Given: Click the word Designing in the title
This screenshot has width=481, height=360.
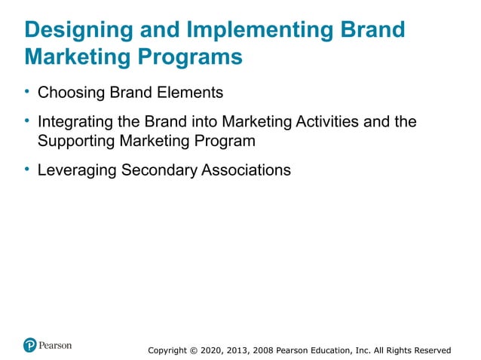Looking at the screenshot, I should [76, 30].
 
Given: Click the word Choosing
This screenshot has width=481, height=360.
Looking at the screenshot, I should [69, 93].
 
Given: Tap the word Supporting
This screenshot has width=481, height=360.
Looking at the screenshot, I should [73, 141].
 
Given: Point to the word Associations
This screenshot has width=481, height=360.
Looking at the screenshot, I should [246, 170].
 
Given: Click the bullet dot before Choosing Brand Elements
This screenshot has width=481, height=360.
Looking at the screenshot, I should [26, 93].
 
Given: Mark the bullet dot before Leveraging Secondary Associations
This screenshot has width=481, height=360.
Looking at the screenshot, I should [26, 169].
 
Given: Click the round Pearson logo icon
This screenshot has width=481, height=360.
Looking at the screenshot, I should [30, 346].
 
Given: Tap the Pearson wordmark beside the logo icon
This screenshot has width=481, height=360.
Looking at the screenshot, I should [56, 346].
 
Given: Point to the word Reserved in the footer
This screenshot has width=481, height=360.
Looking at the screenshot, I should [430, 350].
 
